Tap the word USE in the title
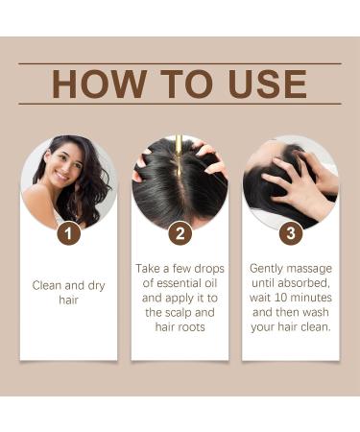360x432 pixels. (268, 84)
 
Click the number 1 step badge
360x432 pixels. (69, 233)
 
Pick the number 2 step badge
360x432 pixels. (180, 233)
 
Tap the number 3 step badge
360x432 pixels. (291, 233)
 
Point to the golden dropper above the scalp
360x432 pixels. (179, 156)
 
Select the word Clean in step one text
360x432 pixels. (49, 285)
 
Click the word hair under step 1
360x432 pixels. (68, 300)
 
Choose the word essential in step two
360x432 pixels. (180, 283)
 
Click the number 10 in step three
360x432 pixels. (280, 298)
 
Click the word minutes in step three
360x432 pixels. (311, 298)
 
